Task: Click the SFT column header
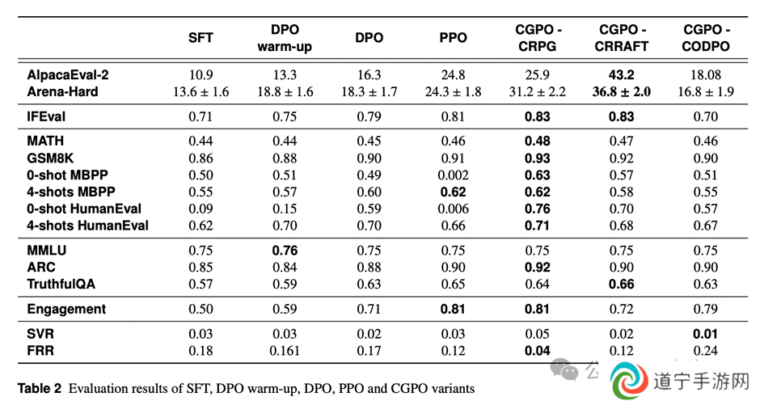[x=201, y=38]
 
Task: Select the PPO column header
[x=454, y=38]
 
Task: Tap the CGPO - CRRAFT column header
[x=622, y=38]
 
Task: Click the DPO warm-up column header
[x=285, y=38]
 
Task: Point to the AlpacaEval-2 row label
[x=68, y=74]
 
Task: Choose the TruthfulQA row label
[x=61, y=284]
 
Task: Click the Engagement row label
[x=66, y=310]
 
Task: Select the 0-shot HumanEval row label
[x=84, y=209]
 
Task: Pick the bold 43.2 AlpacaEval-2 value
[x=622, y=74]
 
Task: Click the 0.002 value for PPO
[x=454, y=175]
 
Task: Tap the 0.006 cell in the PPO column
[x=454, y=209]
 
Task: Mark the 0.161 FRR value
[x=285, y=351]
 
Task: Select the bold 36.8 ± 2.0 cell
[x=622, y=91]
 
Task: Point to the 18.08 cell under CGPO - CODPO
[x=706, y=74]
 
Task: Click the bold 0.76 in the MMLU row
[x=285, y=250]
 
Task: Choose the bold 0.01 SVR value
[x=706, y=334]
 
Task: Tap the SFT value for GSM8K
[x=201, y=158]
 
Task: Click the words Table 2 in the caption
[x=40, y=388]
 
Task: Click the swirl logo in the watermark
[x=629, y=381]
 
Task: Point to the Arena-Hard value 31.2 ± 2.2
[x=537, y=91]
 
